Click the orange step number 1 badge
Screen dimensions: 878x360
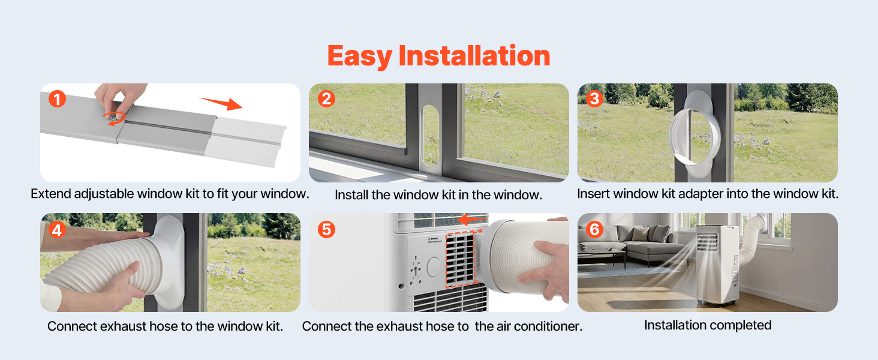coord(57,99)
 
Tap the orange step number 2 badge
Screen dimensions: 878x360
coord(326,98)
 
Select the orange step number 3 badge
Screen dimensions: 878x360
coord(594,98)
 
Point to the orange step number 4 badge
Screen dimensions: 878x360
coord(57,230)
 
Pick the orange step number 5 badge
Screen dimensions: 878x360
coord(326,229)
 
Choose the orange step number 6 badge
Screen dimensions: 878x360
coord(594,229)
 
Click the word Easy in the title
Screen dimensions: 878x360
coord(359,56)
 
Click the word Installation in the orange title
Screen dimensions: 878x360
coord(474,55)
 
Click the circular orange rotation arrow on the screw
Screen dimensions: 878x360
coord(114,118)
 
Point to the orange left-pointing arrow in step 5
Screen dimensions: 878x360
coord(471,220)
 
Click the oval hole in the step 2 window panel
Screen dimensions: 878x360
coord(430,135)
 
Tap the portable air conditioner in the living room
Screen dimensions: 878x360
coord(717,265)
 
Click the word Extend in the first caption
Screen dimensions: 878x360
coord(51,194)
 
